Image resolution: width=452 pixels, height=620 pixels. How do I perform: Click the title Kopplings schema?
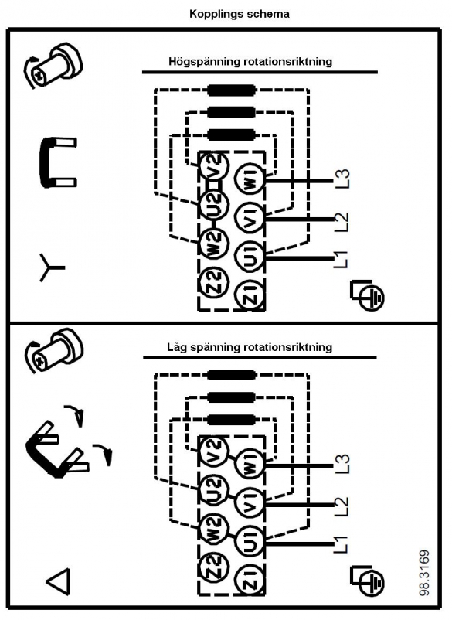pyautogui.click(x=240, y=14)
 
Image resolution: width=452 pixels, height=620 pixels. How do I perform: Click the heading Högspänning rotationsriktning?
pyautogui.click(x=250, y=62)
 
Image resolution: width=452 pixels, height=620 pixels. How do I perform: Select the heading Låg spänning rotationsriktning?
pyautogui.click(x=250, y=347)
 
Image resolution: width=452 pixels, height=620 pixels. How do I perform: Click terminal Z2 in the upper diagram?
pyautogui.click(x=214, y=281)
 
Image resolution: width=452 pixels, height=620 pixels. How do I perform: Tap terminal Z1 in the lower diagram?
pyautogui.click(x=250, y=580)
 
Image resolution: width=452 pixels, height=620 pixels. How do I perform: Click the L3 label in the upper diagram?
pyautogui.click(x=342, y=179)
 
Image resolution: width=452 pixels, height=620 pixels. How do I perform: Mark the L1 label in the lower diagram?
pyautogui.click(x=341, y=544)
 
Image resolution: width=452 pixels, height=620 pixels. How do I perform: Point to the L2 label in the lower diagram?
pyautogui.click(x=342, y=506)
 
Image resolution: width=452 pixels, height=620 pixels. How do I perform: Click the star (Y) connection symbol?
pyautogui.click(x=49, y=267)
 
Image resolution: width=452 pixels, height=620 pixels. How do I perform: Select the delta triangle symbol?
pyautogui.click(x=59, y=581)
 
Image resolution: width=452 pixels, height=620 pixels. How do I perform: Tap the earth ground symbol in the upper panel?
pyautogui.click(x=367, y=295)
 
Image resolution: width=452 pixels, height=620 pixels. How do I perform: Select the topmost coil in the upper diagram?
pyautogui.click(x=231, y=90)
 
